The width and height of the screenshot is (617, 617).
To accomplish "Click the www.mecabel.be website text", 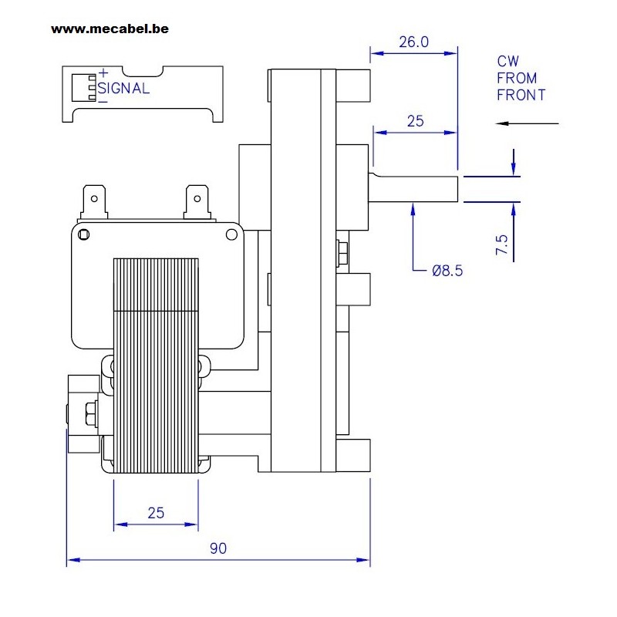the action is (110, 29).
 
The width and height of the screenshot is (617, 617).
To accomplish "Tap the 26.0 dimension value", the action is (413, 42).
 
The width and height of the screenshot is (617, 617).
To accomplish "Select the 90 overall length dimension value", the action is (218, 548).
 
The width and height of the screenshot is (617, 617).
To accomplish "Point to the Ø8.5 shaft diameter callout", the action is (447, 271).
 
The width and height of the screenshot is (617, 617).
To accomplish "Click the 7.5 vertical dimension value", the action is (502, 244).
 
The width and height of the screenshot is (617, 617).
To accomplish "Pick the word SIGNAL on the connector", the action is (123, 88).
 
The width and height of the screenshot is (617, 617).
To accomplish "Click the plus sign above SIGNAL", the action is (103, 72).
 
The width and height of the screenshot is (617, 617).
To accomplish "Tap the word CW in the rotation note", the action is (508, 62).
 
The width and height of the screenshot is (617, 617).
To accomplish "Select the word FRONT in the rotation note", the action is (521, 95).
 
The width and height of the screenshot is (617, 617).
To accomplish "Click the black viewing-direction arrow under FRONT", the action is (527, 123).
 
